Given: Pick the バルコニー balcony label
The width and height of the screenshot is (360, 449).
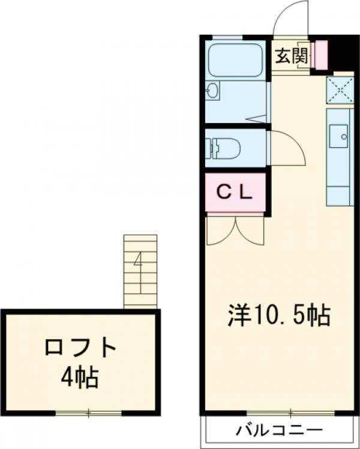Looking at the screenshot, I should [x=279, y=430].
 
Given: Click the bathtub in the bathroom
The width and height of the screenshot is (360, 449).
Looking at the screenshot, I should [x=235, y=61].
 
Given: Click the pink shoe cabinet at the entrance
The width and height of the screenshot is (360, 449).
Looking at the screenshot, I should [x=320, y=55].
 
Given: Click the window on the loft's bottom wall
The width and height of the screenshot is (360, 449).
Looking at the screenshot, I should [x=88, y=413].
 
